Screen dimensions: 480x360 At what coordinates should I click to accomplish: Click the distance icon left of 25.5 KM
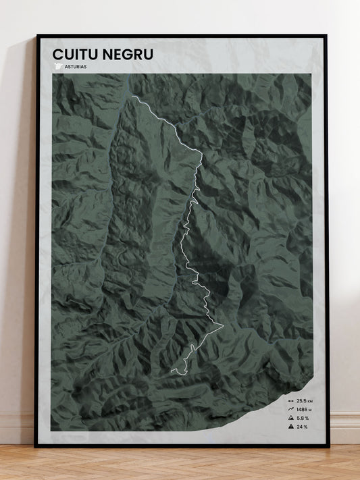(x=290, y=400)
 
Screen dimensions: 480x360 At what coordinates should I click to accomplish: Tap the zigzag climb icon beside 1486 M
(x=290, y=409)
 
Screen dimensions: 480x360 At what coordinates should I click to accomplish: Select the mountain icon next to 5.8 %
(x=290, y=418)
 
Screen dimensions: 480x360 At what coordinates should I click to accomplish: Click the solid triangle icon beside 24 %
(x=290, y=427)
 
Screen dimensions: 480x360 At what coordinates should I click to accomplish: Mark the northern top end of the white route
(x=132, y=96)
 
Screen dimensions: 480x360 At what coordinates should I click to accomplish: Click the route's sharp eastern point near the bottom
(x=223, y=325)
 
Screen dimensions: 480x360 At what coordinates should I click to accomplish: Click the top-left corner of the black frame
(x=37, y=35)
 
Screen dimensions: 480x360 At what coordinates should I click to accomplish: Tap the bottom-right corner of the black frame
(x=328, y=446)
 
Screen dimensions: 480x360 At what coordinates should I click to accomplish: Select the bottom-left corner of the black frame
(x=36, y=446)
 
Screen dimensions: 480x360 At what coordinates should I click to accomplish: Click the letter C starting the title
(x=58, y=54)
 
